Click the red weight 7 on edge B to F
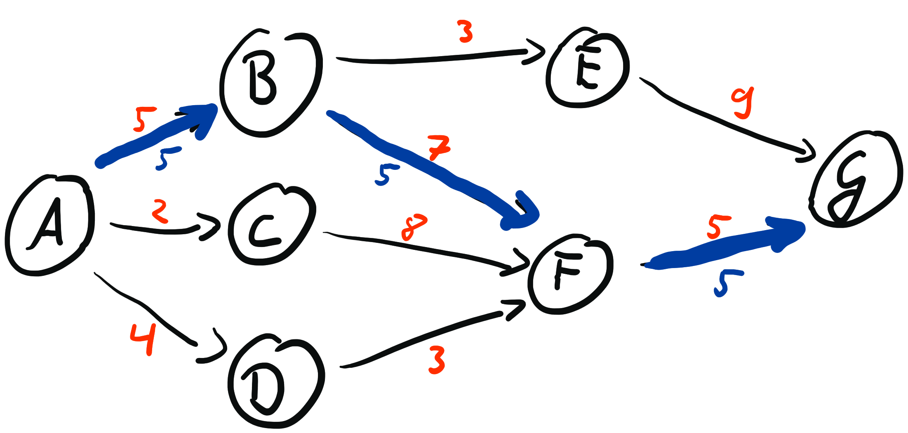[438, 148]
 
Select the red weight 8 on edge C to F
[414, 227]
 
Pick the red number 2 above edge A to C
[160, 211]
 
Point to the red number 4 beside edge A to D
[143, 339]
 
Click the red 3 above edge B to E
[466, 32]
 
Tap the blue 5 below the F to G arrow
[726, 283]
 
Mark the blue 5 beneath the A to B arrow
[167, 158]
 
